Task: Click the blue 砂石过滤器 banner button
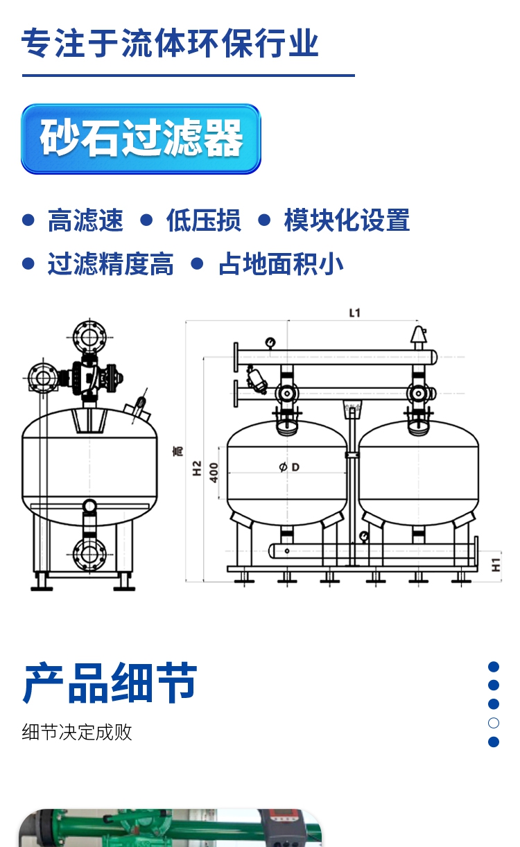pyautogui.click(x=141, y=139)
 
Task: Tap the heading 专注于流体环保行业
pyautogui.click(x=170, y=43)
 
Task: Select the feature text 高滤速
pyautogui.click(x=85, y=220)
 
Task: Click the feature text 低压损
pyautogui.click(x=203, y=220)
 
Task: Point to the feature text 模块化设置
pyautogui.click(x=347, y=220)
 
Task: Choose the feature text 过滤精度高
pyautogui.click(x=111, y=263)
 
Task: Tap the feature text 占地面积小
pyautogui.click(x=281, y=263)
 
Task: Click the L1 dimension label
pyautogui.click(x=354, y=313)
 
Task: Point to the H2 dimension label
pyautogui.click(x=197, y=468)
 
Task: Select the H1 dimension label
pyautogui.click(x=496, y=564)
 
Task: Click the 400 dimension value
pyautogui.click(x=214, y=473)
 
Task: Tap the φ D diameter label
pyautogui.click(x=289, y=467)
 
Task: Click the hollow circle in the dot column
pyautogui.click(x=494, y=723)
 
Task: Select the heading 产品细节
pyautogui.click(x=110, y=683)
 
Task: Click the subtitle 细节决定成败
pyautogui.click(x=77, y=732)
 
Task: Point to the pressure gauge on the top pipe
pyautogui.click(x=270, y=343)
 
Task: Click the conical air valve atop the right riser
pyautogui.click(x=418, y=334)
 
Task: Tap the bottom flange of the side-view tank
pyautogui.click(x=89, y=555)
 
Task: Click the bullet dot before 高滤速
pyautogui.click(x=28, y=220)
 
